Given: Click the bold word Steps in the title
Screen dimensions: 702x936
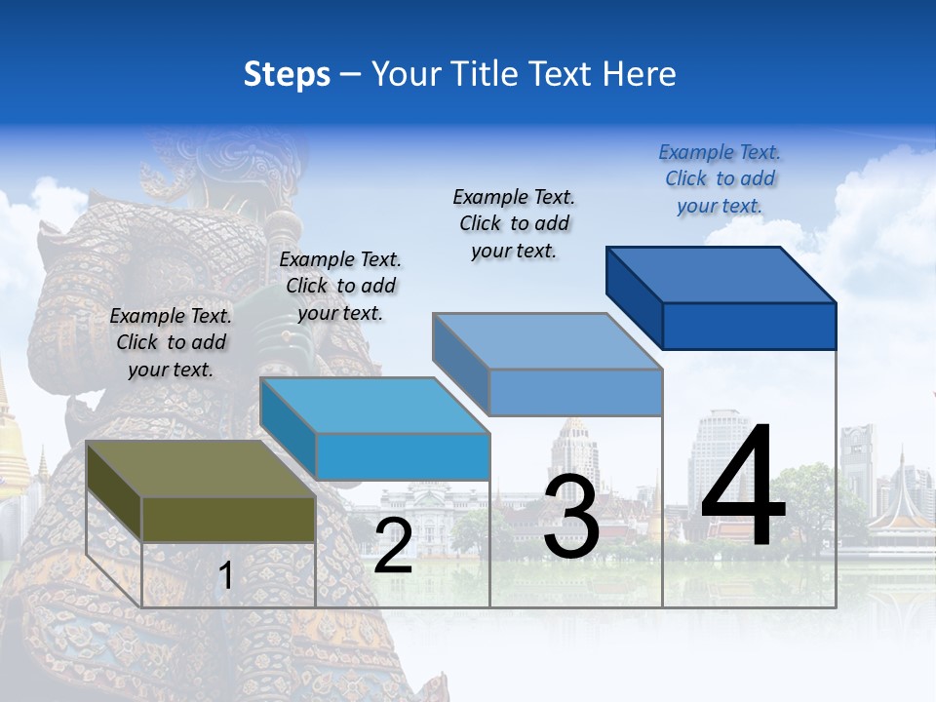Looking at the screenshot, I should [286, 74].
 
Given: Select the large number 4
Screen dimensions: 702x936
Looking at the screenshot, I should [743, 487].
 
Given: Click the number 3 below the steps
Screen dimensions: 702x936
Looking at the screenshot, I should [571, 518].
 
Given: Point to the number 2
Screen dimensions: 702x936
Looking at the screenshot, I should [393, 546].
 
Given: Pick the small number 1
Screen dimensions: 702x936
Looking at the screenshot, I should [226, 576].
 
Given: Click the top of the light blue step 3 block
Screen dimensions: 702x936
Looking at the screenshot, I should [547, 341].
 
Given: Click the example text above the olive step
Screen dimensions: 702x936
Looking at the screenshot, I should [171, 342].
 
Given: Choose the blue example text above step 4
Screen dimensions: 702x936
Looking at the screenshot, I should [720, 178].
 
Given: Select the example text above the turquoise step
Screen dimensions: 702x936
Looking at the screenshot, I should [340, 286].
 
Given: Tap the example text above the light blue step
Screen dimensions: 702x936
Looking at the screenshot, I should [514, 223].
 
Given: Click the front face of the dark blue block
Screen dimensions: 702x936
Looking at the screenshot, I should [749, 326].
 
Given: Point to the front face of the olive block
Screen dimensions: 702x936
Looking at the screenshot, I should [228, 519].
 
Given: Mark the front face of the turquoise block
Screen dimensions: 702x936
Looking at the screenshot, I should [403, 456].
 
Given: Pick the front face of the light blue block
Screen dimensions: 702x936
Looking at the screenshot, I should [575, 392].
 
